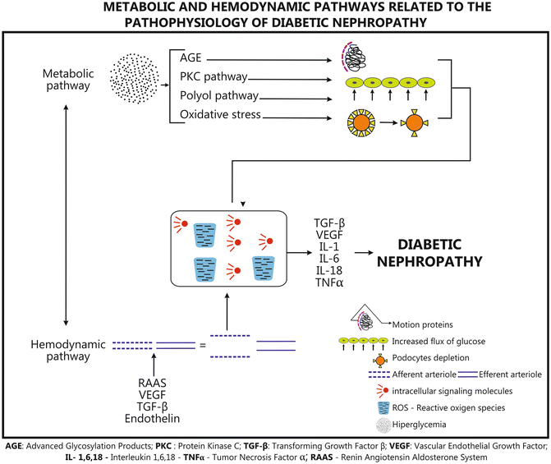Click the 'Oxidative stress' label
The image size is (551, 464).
pyautogui.click(x=221, y=114)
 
